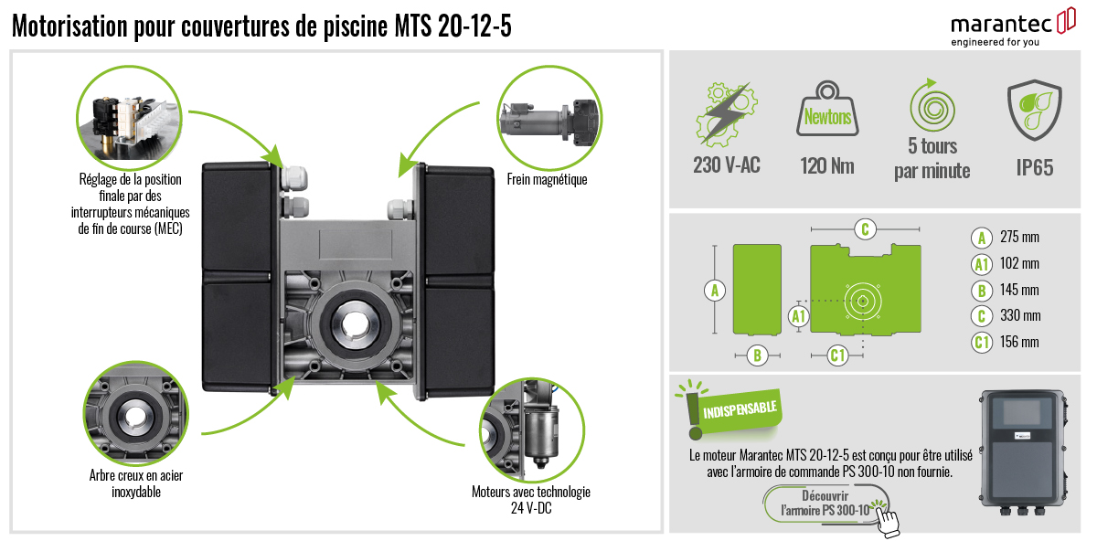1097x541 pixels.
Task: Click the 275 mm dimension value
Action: tap(1019, 238)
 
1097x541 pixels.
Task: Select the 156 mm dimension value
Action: tap(1019, 343)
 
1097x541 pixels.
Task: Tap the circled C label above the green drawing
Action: tap(864, 228)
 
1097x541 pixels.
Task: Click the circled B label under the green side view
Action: tap(756, 355)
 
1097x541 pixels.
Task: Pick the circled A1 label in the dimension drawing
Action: tap(799, 316)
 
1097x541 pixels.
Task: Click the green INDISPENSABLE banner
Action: tap(740, 408)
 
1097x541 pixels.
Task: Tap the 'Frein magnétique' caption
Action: tap(547, 180)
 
